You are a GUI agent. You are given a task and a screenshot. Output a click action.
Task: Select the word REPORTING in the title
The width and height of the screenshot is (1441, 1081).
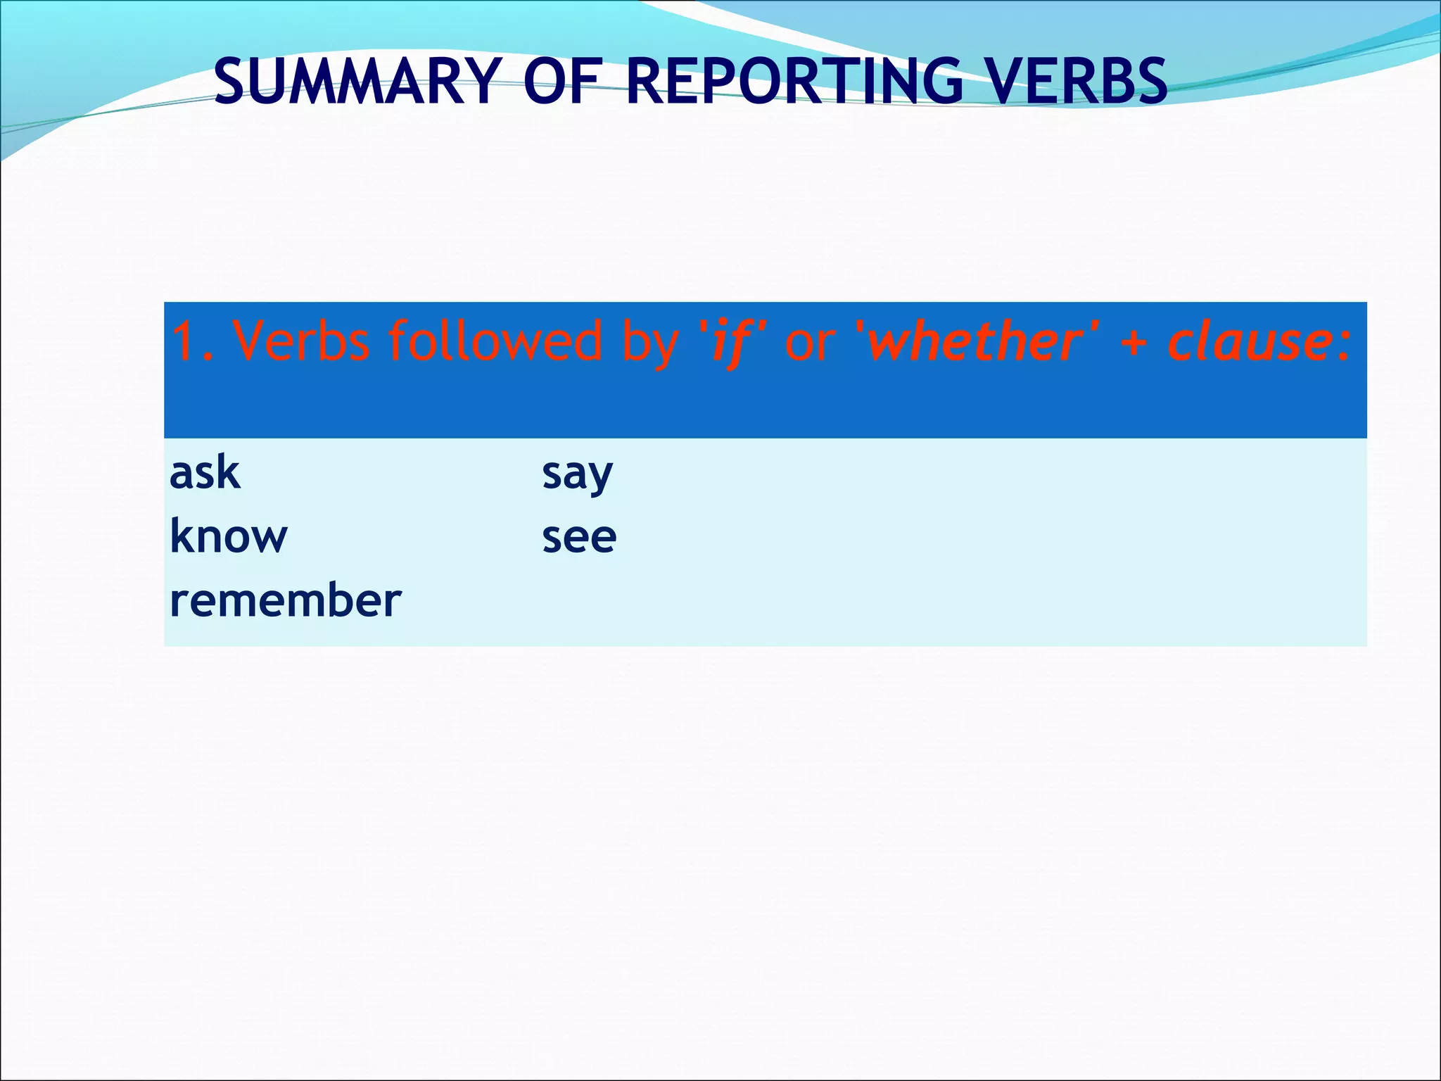794,82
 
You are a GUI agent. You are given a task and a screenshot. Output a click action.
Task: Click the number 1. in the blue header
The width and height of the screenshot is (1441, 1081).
192,341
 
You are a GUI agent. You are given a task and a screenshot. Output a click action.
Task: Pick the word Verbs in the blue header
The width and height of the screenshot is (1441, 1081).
301,341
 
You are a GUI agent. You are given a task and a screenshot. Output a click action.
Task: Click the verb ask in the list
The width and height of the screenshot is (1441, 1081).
205,472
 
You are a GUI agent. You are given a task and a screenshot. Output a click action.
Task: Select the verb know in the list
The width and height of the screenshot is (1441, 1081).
229,536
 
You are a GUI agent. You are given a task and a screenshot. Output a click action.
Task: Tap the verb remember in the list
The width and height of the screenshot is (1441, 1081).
285,600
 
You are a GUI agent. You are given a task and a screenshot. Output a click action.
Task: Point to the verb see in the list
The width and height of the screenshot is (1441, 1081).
579,538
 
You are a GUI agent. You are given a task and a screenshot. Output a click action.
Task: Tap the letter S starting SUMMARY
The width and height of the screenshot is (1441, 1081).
231,82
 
